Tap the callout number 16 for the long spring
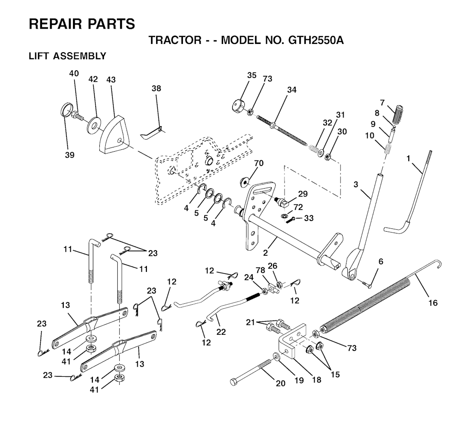[432, 303]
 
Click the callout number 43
[111, 80]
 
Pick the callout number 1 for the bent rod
[408, 159]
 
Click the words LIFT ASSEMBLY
[67, 56]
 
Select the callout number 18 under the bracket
[316, 380]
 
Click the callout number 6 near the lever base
[381, 261]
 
